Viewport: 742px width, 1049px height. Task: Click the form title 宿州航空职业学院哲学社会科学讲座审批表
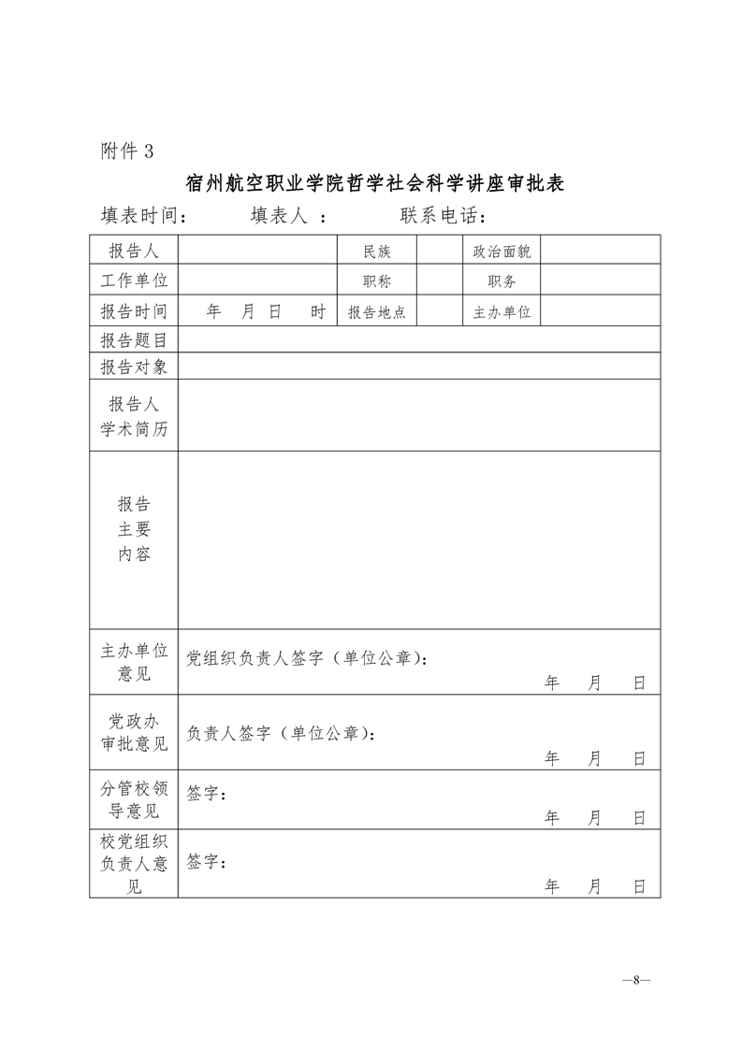tap(374, 182)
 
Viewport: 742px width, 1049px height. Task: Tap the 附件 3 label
tap(126, 151)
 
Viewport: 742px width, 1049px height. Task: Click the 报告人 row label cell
tap(134, 251)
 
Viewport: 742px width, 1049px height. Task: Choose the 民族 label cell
tap(377, 251)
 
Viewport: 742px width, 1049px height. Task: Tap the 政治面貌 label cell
tap(502, 251)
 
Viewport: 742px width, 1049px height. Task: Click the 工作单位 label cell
tap(134, 280)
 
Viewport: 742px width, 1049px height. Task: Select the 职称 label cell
tap(377, 281)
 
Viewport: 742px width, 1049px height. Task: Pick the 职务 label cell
tap(502, 281)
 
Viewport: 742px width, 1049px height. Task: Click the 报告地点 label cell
tap(377, 312)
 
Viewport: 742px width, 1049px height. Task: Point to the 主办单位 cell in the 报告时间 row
tap(502, 312)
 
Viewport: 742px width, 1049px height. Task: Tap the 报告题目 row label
tap(134, 340)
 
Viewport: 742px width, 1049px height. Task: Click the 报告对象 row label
tap(134, 366)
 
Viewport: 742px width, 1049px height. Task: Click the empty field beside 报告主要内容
tap(418, 539)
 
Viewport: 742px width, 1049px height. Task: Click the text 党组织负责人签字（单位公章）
tap(307, 658)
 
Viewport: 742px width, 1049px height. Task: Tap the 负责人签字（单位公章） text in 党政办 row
tap(281, 734)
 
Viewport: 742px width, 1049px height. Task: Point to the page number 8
tap(635, 981)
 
